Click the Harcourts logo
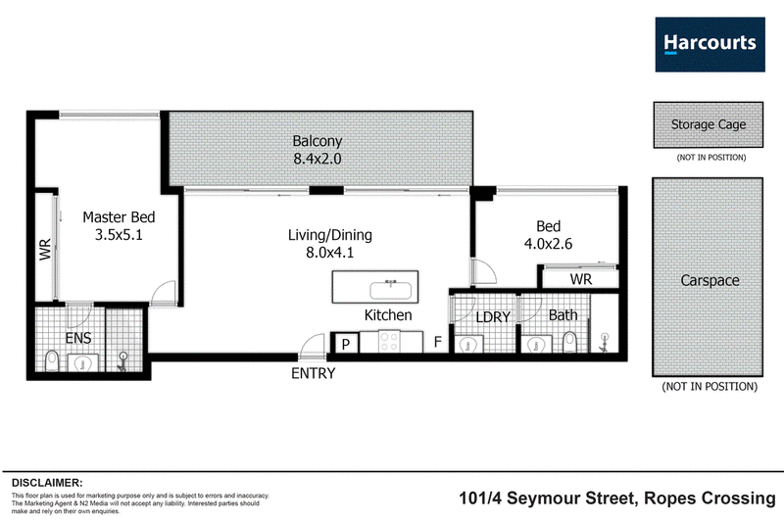coord(710,44)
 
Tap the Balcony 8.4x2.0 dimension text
coord(318,159)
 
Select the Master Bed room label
coord(119,217)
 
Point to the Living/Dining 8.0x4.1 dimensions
coord(330,253)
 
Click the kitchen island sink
coord(390,290)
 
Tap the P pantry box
coord(345,344)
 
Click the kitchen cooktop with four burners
coord(389,342)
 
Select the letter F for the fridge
coord(437,342)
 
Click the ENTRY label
coord(314,373)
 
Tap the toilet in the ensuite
coord(52,360)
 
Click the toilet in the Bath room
coord(570,342)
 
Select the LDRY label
coord(493,317)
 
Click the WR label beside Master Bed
coord(45,250)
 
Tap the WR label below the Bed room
coord(581,279)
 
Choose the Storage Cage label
coord(709,124)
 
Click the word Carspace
coord(710,281)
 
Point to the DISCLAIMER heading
coord(47,483)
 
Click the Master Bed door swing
coord(164,293)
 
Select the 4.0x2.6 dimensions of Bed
coord(549,244)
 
